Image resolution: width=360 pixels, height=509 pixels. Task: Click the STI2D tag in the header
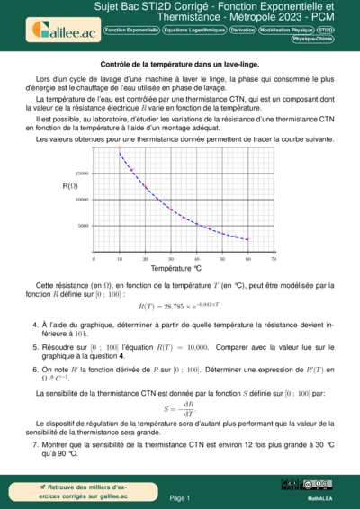[326, 30]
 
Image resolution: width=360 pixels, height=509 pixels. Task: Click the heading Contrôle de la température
[179, 66]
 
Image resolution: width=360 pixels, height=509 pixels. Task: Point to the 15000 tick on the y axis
[82, 173]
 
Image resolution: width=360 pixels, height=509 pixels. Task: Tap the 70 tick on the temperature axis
[274, 259]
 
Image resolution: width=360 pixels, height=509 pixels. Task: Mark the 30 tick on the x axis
[171, 259]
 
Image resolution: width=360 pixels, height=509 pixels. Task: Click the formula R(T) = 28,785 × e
[180, 307]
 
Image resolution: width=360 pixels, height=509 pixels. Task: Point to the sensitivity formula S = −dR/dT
[180, 406]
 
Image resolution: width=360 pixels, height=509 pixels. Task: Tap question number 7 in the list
[35, 444]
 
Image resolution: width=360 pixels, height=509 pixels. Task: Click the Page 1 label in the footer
[179, 496]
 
